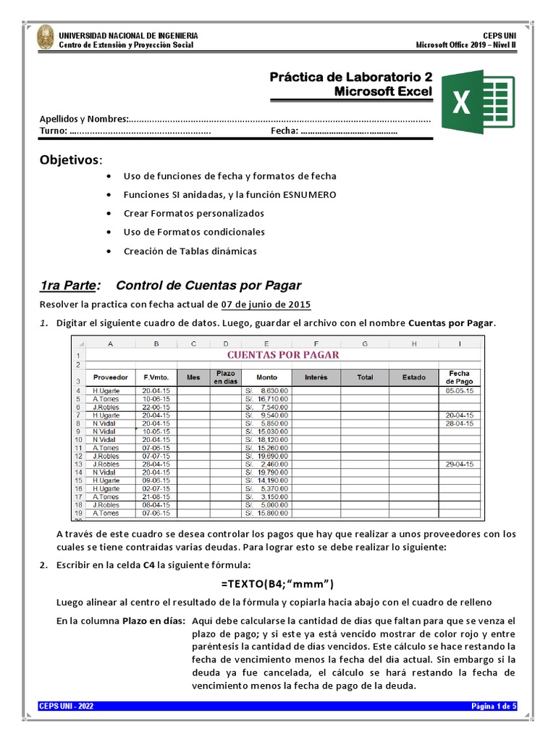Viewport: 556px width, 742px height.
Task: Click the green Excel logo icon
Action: click(x=478, y=101)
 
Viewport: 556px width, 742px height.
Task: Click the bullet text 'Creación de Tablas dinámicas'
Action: click(x=190, y=251)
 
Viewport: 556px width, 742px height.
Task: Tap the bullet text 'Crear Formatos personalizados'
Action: click(x=193, y=213)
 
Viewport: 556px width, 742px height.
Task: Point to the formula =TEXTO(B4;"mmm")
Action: click(x=278, y=584)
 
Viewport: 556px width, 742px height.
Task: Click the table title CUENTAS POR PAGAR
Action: click(x=283, y=355)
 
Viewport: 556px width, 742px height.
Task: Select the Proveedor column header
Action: click(x=111, y=378)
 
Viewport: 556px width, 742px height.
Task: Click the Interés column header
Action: click(x=316, y=378)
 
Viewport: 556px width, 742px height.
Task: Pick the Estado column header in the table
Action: click(x=413, y=378)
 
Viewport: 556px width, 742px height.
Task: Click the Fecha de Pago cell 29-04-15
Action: click(x=460, y=464)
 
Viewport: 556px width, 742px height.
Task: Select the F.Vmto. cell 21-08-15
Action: click(x=156, y=497)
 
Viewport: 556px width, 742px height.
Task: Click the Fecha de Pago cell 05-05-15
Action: click(x=460, y=391)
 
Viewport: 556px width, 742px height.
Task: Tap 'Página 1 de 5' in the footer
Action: click(x=493, y=706)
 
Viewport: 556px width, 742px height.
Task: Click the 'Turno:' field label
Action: click(x=54, y=132)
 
